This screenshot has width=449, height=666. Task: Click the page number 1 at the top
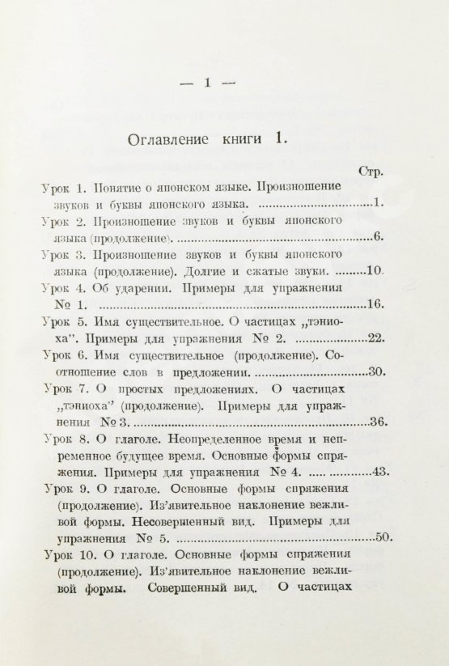click(x=209, y=81)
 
